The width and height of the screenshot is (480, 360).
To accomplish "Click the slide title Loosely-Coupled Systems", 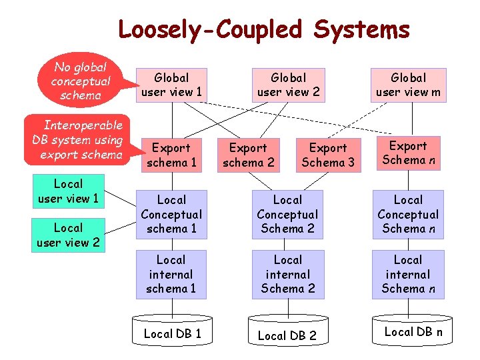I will [263, 30].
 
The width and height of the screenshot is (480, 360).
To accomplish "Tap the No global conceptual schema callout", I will [79, 81].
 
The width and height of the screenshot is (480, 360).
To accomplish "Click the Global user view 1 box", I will [171, 85].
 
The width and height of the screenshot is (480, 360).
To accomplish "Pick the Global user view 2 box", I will [288, 85].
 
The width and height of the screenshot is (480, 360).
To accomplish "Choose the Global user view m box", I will [408, 85].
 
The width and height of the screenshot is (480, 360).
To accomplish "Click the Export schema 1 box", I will [171, 155].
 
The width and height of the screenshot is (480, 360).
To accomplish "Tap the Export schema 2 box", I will [249, 155].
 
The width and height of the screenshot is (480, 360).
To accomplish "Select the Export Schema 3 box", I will [328, 155].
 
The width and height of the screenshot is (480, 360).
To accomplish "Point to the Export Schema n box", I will [408, 153].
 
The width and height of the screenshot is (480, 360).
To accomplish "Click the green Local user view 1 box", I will [68, 191].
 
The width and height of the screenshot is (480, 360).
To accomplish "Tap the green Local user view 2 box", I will [68, 235].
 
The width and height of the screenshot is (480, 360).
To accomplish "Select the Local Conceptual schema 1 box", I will [171, 214].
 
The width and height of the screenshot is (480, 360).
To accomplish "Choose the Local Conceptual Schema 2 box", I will [288, 214].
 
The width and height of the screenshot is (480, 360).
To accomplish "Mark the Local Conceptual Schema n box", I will [408, 214].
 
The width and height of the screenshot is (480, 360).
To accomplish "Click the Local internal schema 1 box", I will [171, 274].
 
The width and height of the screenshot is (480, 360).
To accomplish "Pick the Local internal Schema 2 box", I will [288, 274].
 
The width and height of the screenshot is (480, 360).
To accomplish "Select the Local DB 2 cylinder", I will [288, 335].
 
